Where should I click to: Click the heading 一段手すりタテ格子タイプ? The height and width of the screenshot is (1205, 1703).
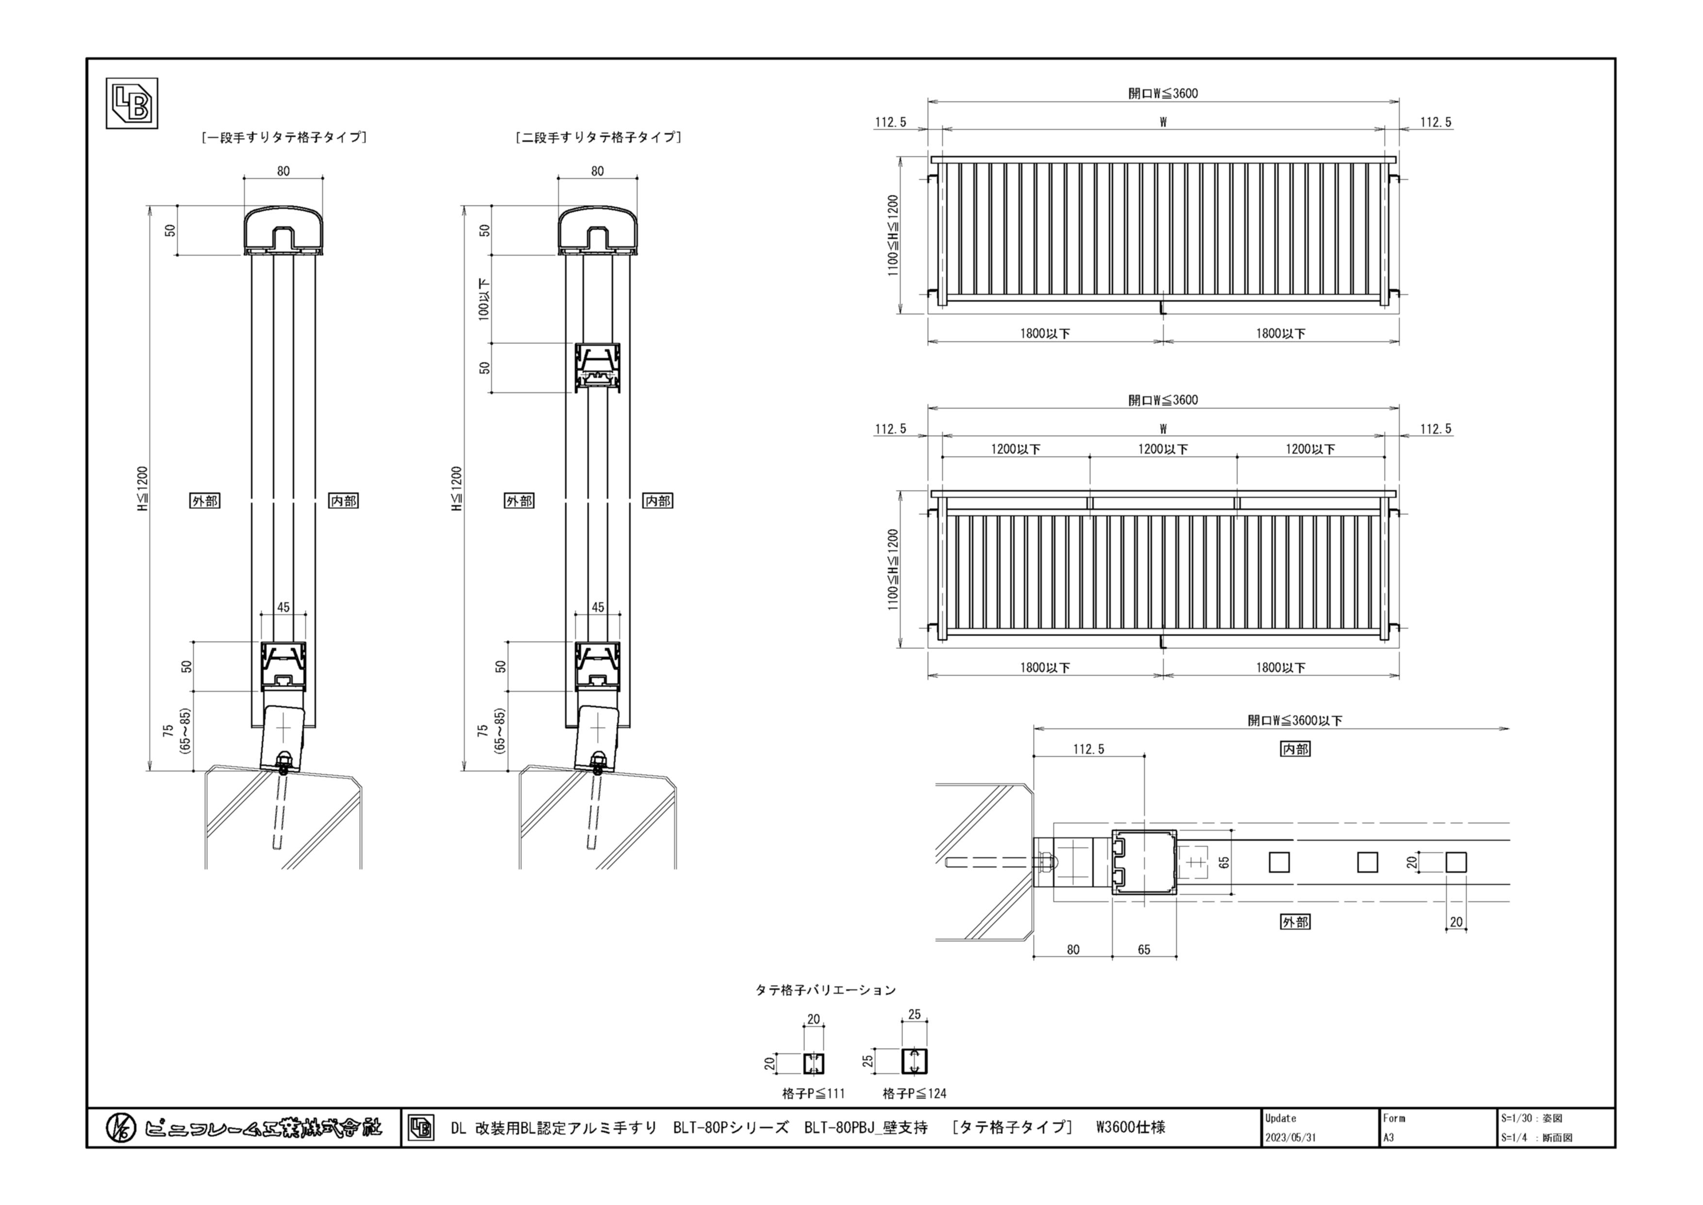pos(284,137)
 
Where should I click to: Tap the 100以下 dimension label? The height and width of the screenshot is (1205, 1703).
pos(484,299)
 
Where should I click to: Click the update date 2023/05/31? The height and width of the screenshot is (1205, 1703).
pos(1291,1137)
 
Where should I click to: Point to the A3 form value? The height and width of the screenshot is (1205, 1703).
pos(1388,1137)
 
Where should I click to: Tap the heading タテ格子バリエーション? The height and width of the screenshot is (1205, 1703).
pos(826,990)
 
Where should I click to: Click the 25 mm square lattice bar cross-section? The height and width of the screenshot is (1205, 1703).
pos(914,1062)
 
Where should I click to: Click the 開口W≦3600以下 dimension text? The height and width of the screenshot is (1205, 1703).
pos(1295,720)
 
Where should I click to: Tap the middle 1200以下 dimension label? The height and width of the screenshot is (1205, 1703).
pos(1163,449)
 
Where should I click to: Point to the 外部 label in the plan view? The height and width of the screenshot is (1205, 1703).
pos(1295,921)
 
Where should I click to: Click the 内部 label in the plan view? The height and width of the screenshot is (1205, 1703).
pos(1295,749)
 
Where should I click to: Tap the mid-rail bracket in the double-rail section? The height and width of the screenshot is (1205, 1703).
pos(598,367)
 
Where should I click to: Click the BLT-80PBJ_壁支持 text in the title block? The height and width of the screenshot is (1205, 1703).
pos(866,1128)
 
